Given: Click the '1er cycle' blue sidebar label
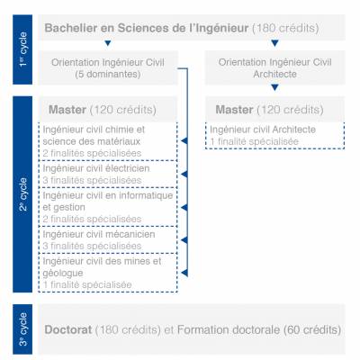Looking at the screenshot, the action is pyautogui.click(x=22, y=49).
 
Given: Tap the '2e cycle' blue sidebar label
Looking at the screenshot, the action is pyautogui.click(x=22, y=194).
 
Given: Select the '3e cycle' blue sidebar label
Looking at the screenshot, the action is pyautogui.click(x=22, y=329).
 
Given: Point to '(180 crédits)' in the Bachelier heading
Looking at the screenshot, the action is pyautogui.click(x=285, y=28).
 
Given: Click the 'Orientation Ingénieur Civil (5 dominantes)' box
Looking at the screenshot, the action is pyautogui.click(x=108, y=67).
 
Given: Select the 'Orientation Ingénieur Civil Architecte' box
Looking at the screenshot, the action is pyautogui.click(x=274, y=67).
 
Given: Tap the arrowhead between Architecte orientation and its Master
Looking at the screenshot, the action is pyautogui.click(x=274, y=87).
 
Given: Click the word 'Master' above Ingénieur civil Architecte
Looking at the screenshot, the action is pyautogui.click(x=234, y=110).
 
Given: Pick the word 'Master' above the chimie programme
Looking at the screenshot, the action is pyautogui.click(x=67, y=110).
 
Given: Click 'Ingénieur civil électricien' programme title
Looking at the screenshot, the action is pyautogui.click(x=96, y=168).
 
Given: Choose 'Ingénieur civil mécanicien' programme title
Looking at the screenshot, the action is pyautogui.click(x=99, y=234).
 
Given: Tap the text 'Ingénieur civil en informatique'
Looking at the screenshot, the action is pyautogui.click(x=108, y=195).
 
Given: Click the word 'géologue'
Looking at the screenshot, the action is pyautogui.click(x=63, y=274).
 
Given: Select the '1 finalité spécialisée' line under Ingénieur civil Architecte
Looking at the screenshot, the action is pyautogui.click(x=255, y=141).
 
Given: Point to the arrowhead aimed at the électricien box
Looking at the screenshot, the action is pyautogui.click(x=184, y=175).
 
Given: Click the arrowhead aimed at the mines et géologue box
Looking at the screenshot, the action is pyautogui.click(x=184, y=273).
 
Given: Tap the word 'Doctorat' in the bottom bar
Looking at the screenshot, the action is pyautogui.click(x=68, y=329).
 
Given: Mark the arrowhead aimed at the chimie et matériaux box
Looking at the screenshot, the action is pyautogui.click(x=184, y=141).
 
